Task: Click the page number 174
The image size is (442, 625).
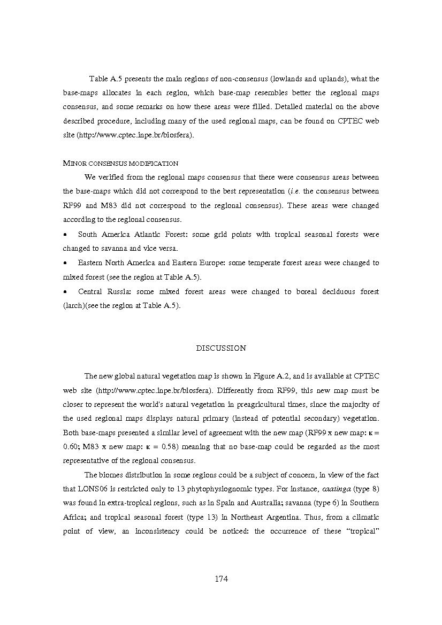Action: tap(221, 578)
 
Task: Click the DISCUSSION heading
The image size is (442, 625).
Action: tap(221, 348)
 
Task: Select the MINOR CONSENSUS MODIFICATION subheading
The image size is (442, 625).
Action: tap(120, 163)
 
